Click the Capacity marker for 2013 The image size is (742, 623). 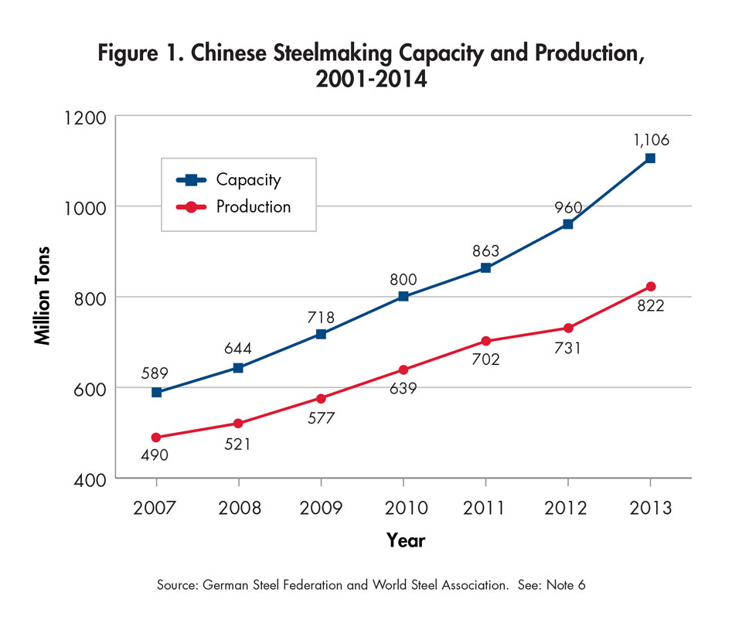[650, 158]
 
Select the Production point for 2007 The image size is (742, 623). [156, 437]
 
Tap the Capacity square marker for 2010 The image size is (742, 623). [403, 297]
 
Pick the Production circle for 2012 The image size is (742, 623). [568, 328]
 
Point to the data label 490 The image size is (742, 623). [155, 455]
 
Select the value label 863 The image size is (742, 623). [485, 250]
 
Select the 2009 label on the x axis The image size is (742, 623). [321, 508]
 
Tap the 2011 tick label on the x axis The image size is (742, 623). [485, 508]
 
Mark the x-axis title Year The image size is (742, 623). [406, 540]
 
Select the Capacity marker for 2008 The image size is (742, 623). [238, 368]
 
